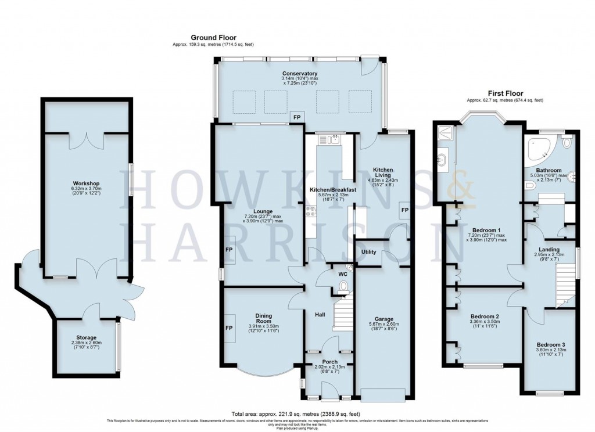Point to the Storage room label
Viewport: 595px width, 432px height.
coord(87,337)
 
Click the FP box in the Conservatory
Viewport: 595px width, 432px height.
coord(297,117)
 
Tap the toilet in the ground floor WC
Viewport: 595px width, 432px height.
coord(343,286)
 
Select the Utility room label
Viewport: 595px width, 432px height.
coord(370,252)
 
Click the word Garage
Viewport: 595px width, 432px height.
coord(384,319)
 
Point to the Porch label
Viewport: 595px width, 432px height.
coord(322,361)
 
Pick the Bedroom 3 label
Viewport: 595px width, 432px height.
coord(550,344)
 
